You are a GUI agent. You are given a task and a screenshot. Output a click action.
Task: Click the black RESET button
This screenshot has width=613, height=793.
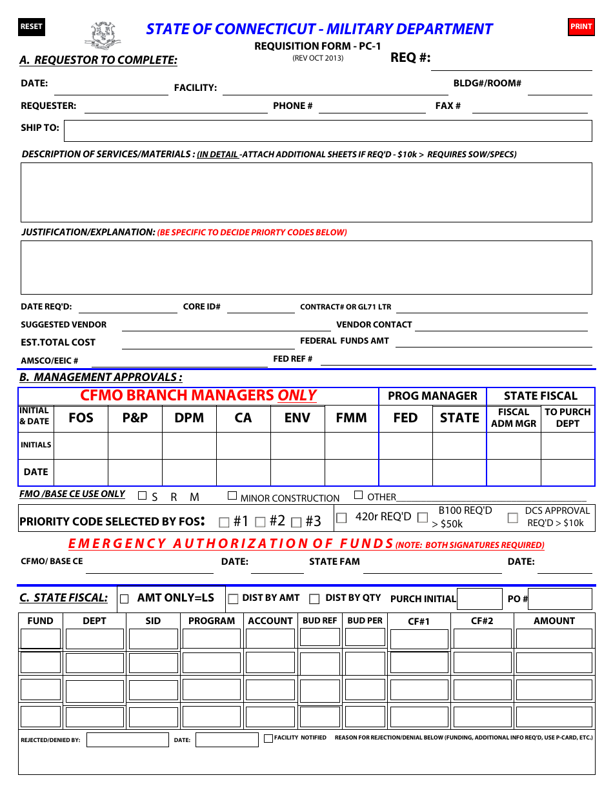(31, 26)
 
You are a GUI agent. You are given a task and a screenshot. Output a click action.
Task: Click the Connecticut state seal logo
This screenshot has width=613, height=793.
(103, 35)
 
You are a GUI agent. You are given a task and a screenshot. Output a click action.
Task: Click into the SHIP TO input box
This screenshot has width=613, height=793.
(328, 131)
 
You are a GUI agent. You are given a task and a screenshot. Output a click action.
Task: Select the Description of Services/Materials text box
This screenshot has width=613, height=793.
(306, 192)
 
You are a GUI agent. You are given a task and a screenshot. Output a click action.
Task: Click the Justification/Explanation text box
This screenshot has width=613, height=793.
(306, 268)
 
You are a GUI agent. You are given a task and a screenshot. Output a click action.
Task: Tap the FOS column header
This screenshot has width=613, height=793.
(81, 418)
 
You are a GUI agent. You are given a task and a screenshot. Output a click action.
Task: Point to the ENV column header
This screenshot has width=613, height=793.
(297, 418)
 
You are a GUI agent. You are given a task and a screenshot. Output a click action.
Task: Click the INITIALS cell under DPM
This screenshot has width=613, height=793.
(189, 445)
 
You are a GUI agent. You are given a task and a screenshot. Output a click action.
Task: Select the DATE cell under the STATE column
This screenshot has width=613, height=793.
(459, 473)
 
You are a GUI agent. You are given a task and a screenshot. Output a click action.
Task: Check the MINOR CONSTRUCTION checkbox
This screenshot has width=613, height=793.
(232, 496)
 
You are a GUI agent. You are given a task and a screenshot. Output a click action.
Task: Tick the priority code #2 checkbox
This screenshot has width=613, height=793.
(261, 522)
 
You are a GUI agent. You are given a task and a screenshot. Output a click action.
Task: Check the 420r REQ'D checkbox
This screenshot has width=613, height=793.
(342, 517)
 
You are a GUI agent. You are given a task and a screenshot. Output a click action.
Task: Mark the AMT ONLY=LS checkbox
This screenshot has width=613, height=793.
(125, 598)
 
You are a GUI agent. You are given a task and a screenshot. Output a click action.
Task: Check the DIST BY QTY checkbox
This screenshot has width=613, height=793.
(314, 599)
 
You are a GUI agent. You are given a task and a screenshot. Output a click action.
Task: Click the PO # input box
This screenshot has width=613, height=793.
(560, 599)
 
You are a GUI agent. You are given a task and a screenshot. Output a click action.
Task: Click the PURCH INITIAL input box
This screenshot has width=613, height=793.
(479, 599)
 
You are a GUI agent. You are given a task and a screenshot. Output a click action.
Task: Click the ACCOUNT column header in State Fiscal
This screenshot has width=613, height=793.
(270, 621)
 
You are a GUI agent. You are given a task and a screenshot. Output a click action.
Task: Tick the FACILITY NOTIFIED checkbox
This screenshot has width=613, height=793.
(268, 738)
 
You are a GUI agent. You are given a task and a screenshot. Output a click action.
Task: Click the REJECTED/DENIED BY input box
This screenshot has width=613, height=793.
(127, 739)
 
